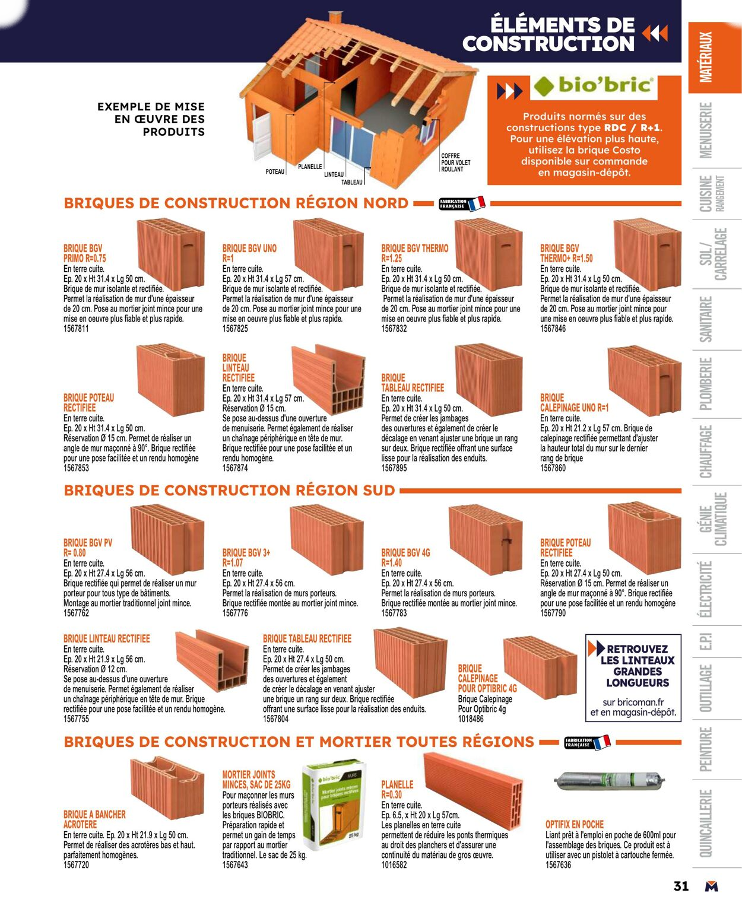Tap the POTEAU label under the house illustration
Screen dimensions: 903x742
pyautogui.click(x=275, y=171)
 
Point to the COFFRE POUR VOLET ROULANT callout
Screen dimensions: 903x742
pyautogui.click(x=455, y=163)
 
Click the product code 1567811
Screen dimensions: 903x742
pyautogui.click(x=76, y=329)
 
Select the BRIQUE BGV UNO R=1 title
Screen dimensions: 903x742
pyautogui.click(x=249, y=253)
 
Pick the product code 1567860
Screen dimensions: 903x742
pyautogui.click(x=553, y=468)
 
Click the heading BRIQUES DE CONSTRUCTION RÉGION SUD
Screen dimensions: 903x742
pyautogui.click(x=229, y=491)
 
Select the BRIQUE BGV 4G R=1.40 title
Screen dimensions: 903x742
pyautogui.click(x=405, y=558)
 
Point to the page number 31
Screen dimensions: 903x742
pyautogui.click(x=681, y=886)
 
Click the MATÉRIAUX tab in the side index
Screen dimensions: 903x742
pyautogui.click(x=706, y=57)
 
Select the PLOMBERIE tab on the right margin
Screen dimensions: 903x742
pyautogui.click(x=706, y=383)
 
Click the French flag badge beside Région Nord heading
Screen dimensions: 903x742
pyautogui.click(x=462, y=204)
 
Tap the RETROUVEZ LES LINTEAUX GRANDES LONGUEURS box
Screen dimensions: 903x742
pyautogui.click(x=633, y=678)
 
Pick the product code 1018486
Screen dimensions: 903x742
pyautogui.click(x=471, y=718)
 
